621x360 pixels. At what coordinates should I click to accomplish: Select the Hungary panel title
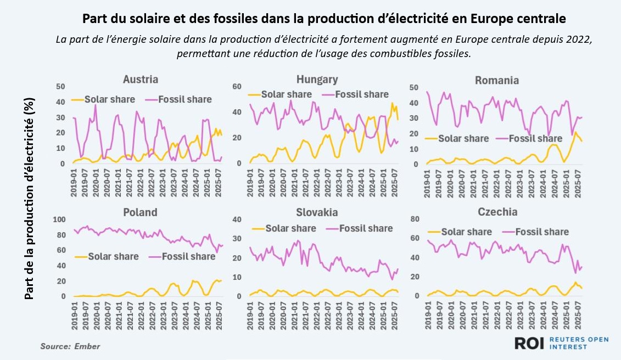(317, 80)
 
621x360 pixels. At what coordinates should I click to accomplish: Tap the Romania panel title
(496, 81)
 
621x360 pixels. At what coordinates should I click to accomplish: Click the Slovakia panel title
(317, 212)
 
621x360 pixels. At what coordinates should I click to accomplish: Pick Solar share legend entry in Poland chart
(108, 256)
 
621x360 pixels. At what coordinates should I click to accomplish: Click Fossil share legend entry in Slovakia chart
(360, 228)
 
